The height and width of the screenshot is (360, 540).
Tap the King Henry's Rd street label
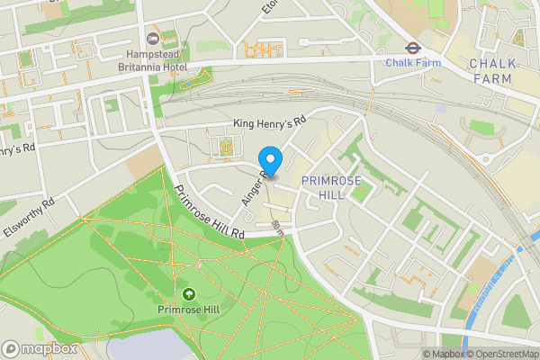point(270,119)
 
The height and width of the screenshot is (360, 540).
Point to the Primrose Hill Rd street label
point(210,212)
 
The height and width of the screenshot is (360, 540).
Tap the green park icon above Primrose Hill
point(189,294)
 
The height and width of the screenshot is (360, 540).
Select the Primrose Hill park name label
point(189,310)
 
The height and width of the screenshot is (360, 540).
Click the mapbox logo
point(40,348)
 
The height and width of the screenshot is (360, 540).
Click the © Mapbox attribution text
point(445,353)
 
